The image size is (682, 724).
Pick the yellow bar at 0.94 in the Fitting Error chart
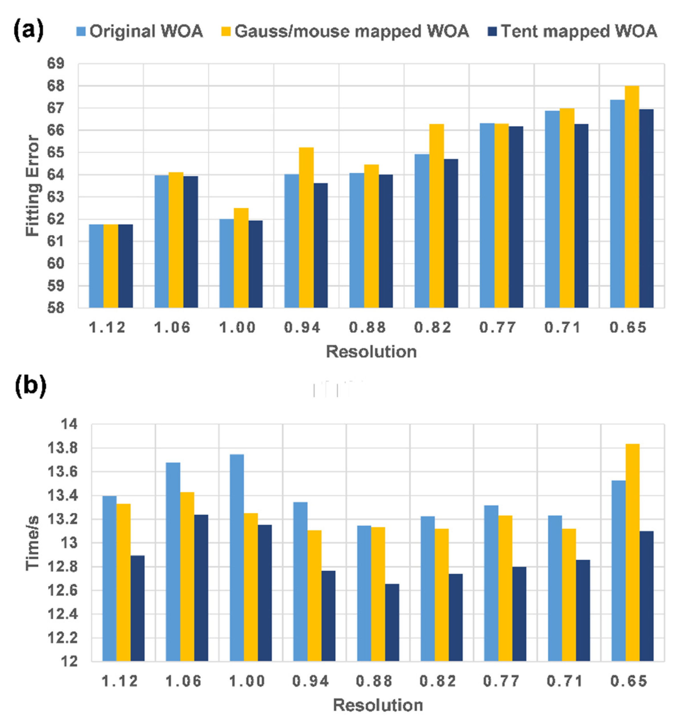pyautogui.click(x=306, y=228)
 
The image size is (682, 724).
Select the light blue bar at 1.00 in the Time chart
pyautogui.click(x=237, y=558)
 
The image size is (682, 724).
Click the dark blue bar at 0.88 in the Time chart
pyautogui.click(x=392, y=623)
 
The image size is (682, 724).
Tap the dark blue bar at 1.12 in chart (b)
pyautogui.click(x=137, y=608)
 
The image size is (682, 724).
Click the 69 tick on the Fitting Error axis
pyautogui.click(x=55, y=64)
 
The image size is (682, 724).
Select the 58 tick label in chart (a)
pyautogui.click(x=55, y=308)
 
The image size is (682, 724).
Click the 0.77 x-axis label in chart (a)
pyautogui.click(x=497, y=328)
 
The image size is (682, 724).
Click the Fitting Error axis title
pyautogui.click(x=33, y=186)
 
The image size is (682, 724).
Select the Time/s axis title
pyautogui.click(x=33, y=543)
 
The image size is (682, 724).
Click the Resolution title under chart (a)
pyautogui.click(x=371, y=352)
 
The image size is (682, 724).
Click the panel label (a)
pyautogui.click(x=28, y=30)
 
